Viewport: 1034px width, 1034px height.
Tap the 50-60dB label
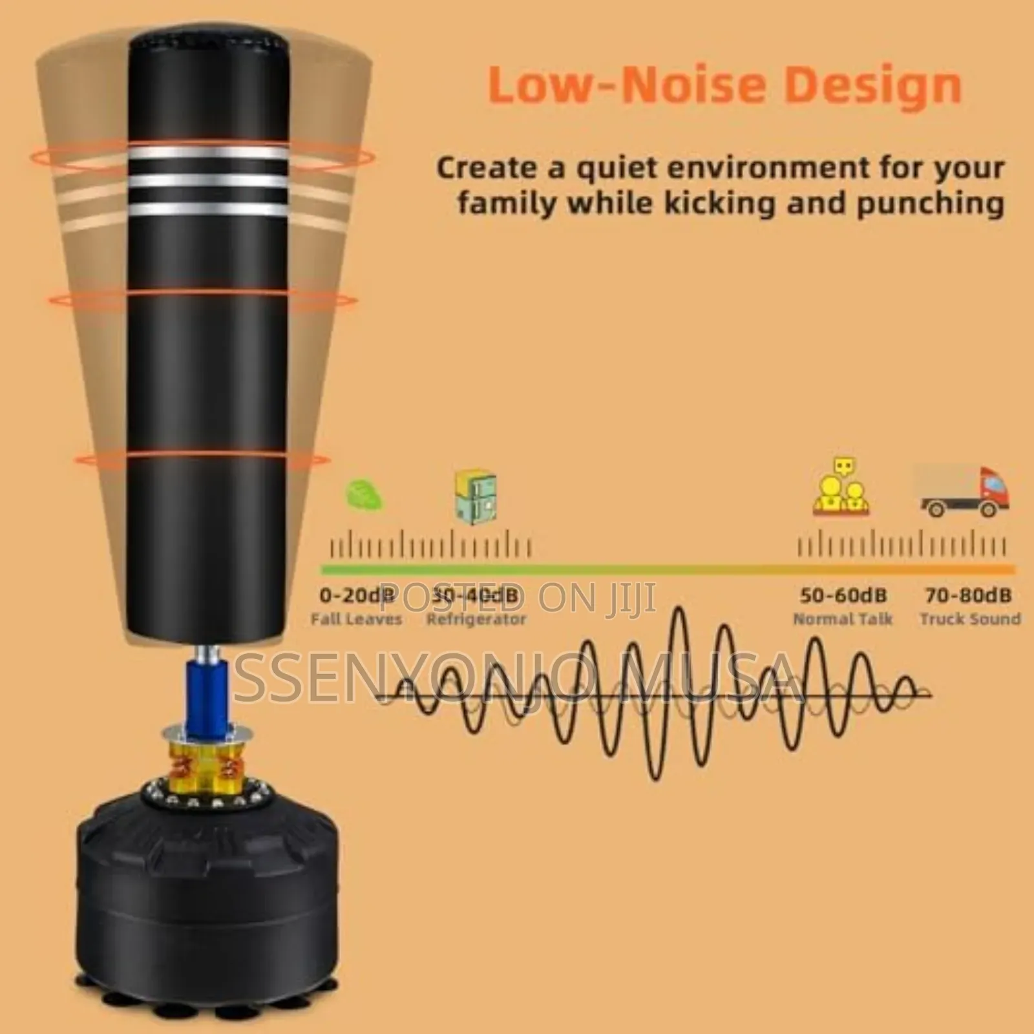click(843, 595)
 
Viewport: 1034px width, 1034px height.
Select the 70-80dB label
click(968, 595)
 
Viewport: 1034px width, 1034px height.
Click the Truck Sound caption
click(970, 619)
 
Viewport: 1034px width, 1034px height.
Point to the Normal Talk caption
click(843, 619)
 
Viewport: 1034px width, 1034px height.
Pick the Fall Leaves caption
click(356, 619)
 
